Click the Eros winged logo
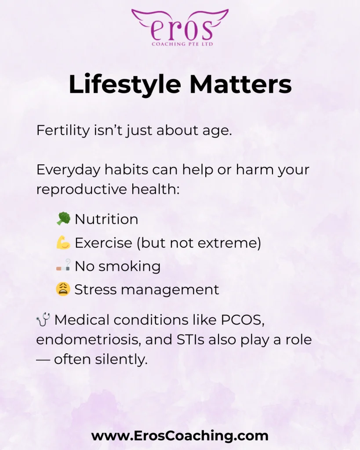pyautogui.click(x=180, y=28)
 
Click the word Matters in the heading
pyautogui.click(x=240, y=84)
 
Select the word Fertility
pyautogui.click(x=63, y=131)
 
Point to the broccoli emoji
pyautogui.click(x=63, y=219)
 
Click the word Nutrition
pyautogui.click(x=106, y=219)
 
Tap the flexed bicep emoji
pyautogui.click(x=63, y=243)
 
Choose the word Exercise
pyautogui.click(x=103, y=243)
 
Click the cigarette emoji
pyautogui.click(x=63, y=265)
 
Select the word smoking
pyautogui.click(x=130, y=267)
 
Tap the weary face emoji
pyautogui.click(x=63, y=289)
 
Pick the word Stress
pyautogui.click(x=95, y=289)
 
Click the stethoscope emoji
pyautogui.click(x=44, y=319)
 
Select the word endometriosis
pyautogui.click(x=89, y=340)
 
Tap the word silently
pyautogui.click(x=121, y=359)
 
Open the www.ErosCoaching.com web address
pyautogui.click(x=180, y=435)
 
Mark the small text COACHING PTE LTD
pyautogui.click(x=182, y=44)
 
